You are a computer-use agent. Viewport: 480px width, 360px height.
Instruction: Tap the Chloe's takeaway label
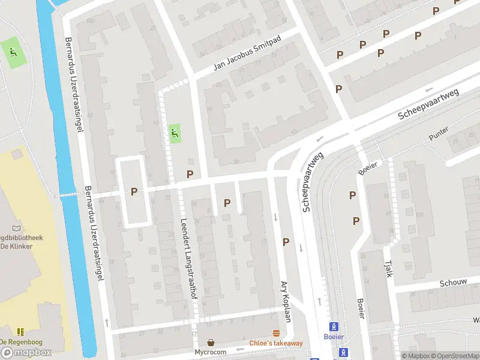click(276, 343)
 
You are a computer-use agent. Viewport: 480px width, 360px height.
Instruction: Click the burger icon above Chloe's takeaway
click(276, 333)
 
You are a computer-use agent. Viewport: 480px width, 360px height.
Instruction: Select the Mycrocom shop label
click(211, 352)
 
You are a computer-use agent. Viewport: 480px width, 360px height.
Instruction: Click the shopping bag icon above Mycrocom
click(211, 342)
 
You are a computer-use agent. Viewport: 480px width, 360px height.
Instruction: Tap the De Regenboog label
click(22, 342)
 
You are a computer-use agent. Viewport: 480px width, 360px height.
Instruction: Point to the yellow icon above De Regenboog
click(21, 332)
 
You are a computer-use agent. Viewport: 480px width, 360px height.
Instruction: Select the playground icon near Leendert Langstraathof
click(175, 133)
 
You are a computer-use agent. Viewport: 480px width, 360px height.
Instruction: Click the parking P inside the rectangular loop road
click(134, 191)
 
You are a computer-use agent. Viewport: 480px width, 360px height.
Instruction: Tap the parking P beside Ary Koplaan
click(286, 242)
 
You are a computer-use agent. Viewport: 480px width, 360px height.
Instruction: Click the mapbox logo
click(27, 352)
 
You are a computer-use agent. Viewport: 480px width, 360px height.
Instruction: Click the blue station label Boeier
click(334, 337)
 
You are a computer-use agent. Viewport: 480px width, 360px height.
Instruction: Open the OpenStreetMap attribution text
click(457, 356)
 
